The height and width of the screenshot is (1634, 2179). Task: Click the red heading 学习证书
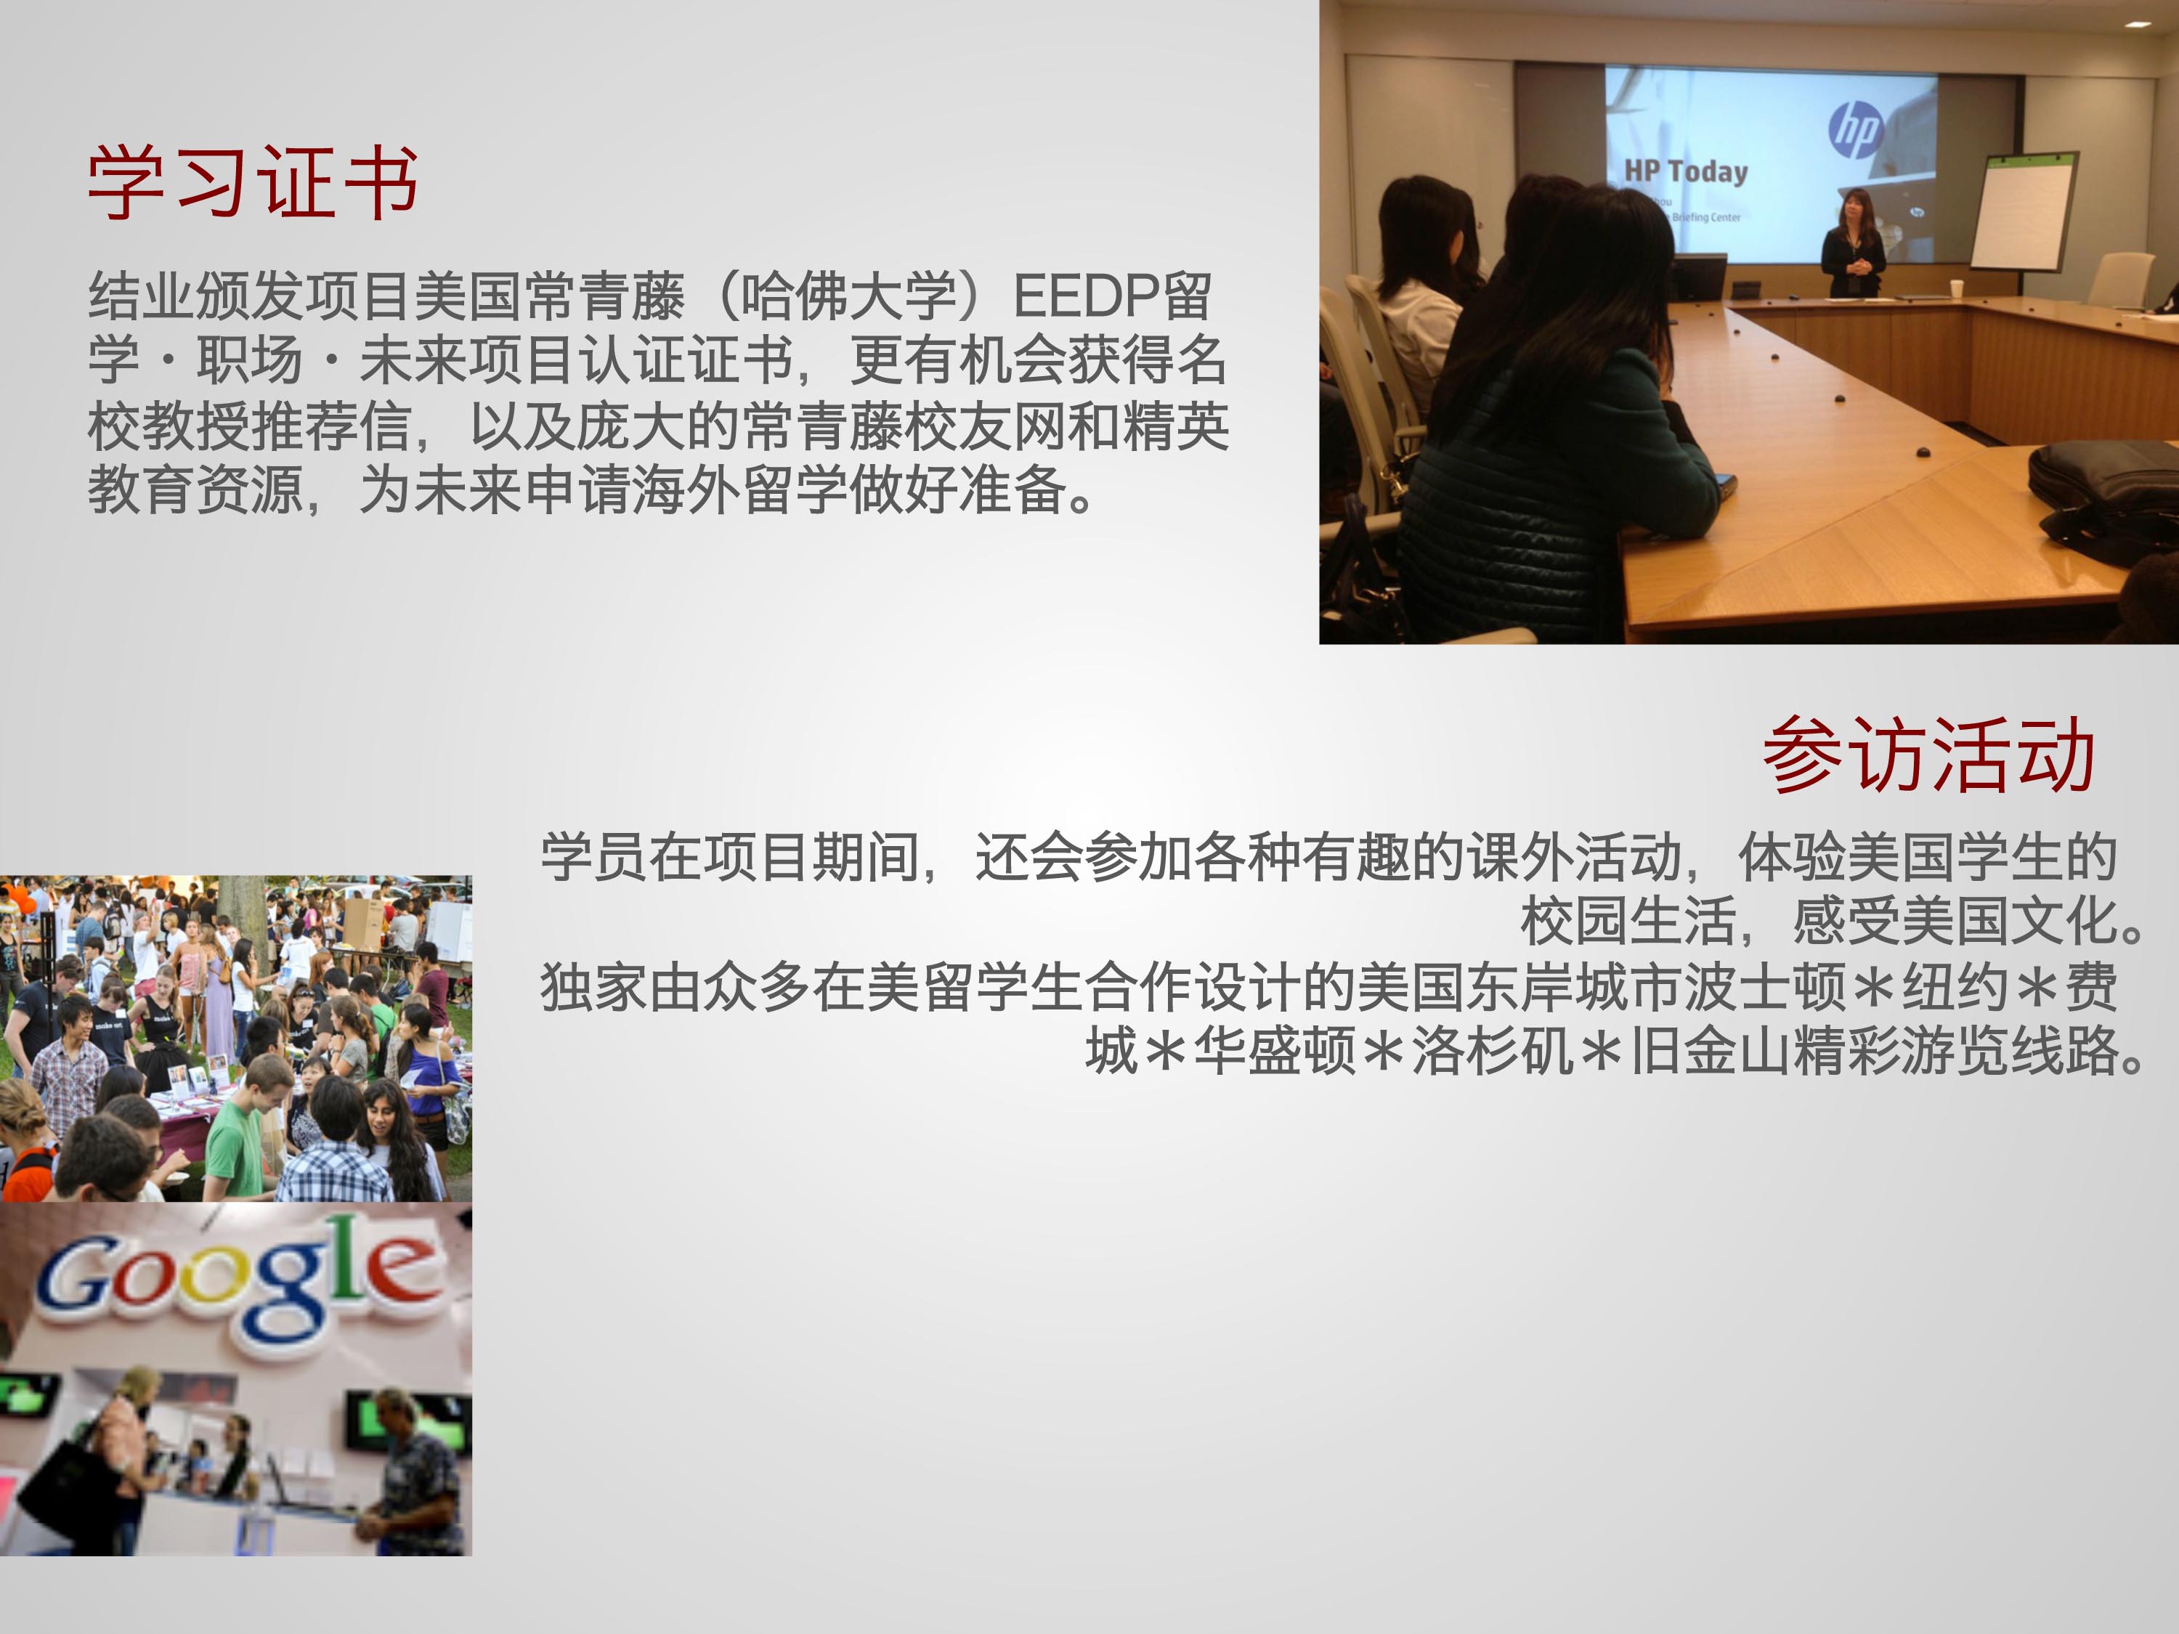253,182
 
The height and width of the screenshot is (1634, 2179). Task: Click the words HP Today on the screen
1686,171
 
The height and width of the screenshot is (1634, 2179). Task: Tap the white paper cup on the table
1957,288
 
